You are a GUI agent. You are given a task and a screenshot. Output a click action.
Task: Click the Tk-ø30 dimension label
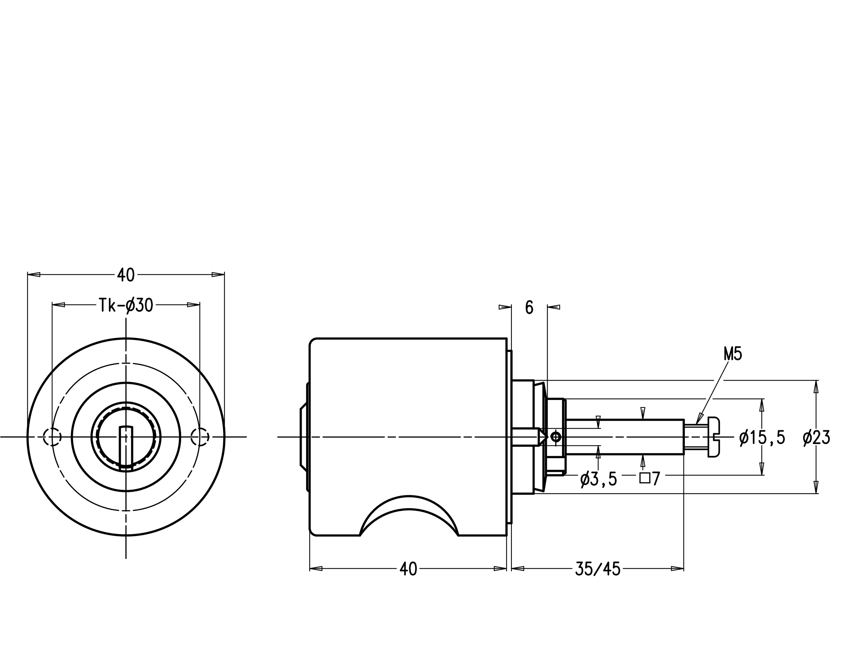point(125,305)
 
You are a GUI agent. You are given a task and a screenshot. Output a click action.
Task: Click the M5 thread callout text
point(732,354)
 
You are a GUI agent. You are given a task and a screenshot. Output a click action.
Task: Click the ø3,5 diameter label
point(598,479)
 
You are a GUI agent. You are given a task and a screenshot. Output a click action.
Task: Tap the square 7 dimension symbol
point(650,478)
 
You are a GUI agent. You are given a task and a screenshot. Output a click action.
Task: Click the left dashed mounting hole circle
point(52,437)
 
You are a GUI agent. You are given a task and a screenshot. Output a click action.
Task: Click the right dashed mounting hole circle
point(200,437)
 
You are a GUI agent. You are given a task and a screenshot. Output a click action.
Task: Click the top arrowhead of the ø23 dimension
point(817,386)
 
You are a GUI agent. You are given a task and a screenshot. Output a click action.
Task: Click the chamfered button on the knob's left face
point(304,437)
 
